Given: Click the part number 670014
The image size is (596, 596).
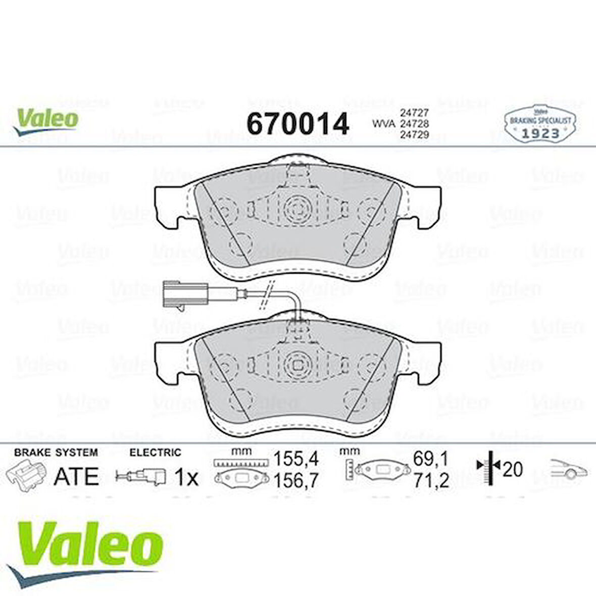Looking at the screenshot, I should click(x=297, y=124).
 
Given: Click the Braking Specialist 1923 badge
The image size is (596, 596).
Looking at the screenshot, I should click(x=539, y=124).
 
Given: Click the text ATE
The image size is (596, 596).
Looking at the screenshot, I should click(x=76, y=476).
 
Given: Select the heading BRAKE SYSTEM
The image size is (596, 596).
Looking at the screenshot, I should click(x=56, y=453).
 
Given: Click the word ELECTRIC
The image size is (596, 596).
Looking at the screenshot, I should click(x=155, y=453).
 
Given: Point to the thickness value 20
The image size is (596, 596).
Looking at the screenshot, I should click(x=512, y=470).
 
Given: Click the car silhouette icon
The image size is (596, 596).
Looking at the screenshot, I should click(x=569, y=469).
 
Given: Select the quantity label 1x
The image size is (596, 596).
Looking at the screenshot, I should click(x=186, y=477).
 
